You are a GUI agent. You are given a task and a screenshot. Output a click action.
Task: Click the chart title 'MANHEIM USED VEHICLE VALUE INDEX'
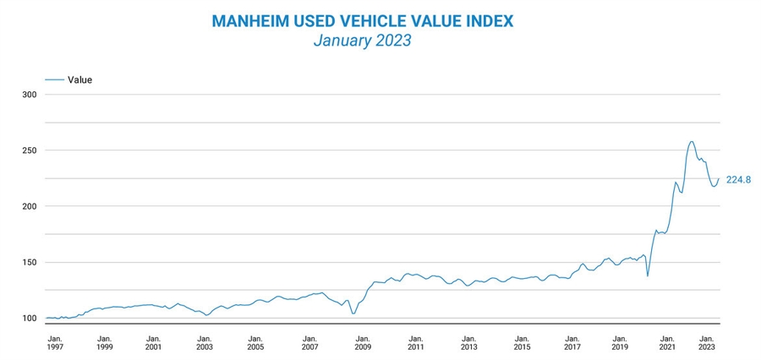pyautogui.click(x=362, y=19)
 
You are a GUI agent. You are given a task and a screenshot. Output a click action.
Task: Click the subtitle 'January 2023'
pyautogui.click(x=362, y=40)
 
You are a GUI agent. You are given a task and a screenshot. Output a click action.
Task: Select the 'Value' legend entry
pyautogui.click(x=79, y=79)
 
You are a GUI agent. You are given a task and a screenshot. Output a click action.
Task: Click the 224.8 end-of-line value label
pyautogui.click(x=738, y=179)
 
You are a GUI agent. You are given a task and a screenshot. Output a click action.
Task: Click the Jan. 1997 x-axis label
pyautogui.click(x=54, y=341)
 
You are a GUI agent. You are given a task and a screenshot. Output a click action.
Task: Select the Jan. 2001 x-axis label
pyautogui.click(x=153, y=341)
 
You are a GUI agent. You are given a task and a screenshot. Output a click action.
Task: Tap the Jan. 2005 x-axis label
pyautogui.click(x=255, y=341)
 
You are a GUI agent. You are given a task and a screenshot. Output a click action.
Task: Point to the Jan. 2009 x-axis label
pyautogui.click(x=363, y=341)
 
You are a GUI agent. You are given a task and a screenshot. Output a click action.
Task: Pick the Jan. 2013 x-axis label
pyautogui.click(x=468, y=341)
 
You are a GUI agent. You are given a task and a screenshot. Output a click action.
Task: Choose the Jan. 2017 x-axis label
pyautogui.click(x=572, y=341)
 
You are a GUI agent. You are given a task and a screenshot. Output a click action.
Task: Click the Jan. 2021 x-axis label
pyautogui.click(x=667, y=341)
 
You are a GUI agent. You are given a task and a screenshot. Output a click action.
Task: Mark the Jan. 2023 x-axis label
pyautogui.click(x=705, y=341)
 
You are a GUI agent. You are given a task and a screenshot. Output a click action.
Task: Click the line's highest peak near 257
pyautogui.click(x=692, y=141)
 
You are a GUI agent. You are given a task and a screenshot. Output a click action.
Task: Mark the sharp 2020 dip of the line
pyautogui.click(x=648, y=275)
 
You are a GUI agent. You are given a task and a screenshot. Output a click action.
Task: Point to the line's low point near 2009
pyautogui.click(x=353, y=314)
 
